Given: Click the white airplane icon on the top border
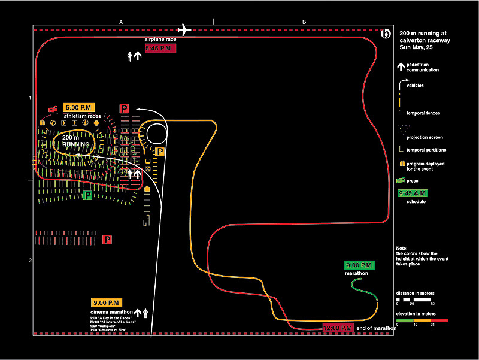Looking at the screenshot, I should (184, 29).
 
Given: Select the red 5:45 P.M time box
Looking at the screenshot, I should (160, 48).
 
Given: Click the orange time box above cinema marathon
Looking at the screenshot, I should (107, 303).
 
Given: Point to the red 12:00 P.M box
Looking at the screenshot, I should (338, 328).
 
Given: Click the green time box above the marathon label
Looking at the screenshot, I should (359, 265).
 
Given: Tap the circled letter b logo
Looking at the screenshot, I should (386, 34).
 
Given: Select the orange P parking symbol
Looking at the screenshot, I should (160, 152).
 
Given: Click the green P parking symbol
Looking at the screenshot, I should (87, 195).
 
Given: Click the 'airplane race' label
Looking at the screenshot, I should (160, 39).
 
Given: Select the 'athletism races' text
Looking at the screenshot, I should (83, 116).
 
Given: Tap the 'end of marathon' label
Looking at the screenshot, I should (376, 328).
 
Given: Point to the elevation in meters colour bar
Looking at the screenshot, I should (422, 321).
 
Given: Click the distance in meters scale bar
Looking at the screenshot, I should (414, 299).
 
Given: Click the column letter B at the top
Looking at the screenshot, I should (304, 22).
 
